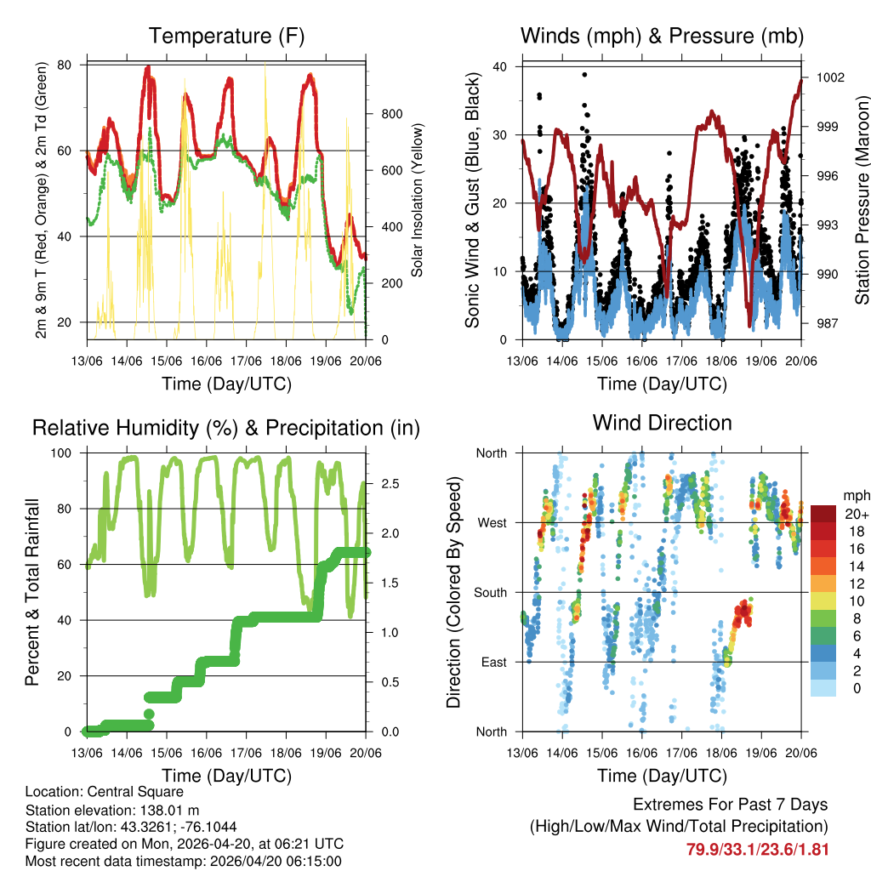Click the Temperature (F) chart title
[x=226, y=36]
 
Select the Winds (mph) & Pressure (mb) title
[x=662, y=36]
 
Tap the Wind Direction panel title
[x=662, y=423]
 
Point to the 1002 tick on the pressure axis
[x=829, y=77]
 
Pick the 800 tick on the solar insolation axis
[x=391, y=114]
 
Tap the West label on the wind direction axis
[x=491, y=523]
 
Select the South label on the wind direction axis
[x=489, y=593]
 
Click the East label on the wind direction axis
[x=492, y=663]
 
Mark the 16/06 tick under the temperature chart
[x=206, y=361]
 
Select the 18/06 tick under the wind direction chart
[x=721, y=754]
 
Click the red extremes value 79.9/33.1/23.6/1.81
[x=757, y=849]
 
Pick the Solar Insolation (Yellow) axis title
[x=418, y=200]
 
